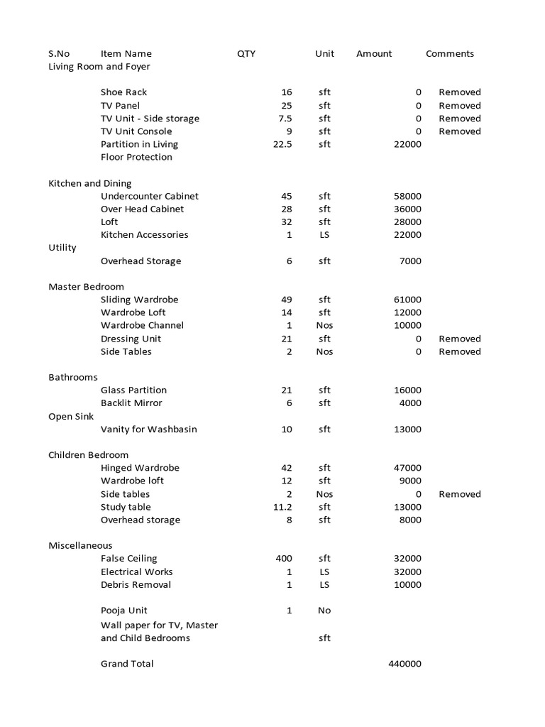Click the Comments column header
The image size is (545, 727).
point(449,53)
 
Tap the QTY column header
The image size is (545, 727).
point(246,53)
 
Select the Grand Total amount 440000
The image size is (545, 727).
point(404,664)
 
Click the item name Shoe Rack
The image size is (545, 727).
point(123,92)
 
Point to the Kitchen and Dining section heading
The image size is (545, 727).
point(89,183)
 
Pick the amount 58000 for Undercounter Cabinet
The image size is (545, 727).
point(407,196)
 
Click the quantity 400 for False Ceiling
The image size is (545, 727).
point(283,559)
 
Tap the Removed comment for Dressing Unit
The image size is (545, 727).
point(459,339)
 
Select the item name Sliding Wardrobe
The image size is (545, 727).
point(139,300)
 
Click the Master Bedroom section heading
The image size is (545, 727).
point(86,287)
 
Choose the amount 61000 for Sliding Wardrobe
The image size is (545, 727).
point(407,300)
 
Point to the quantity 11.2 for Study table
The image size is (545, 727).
point(282,507)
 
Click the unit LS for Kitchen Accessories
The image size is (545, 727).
point(324,235)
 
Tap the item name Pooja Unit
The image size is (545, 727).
point(123,611)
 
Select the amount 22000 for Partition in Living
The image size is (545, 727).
point(407,144)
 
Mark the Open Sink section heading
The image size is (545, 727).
point(71,417)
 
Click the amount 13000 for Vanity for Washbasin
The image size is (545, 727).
point(407,430)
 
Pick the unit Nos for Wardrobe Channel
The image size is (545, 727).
point(324,325)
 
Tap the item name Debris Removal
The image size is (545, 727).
point(136,585)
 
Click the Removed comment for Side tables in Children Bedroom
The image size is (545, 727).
point(459,494)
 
